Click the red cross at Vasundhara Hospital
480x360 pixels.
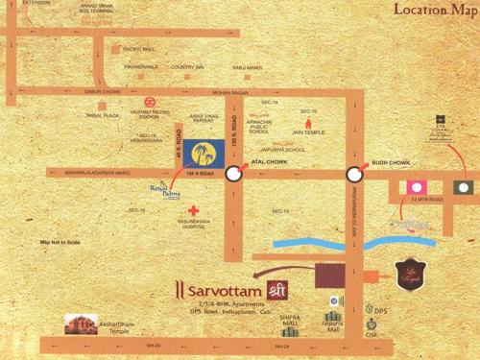coord(195,208)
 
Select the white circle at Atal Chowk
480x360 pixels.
coord(233,174)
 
